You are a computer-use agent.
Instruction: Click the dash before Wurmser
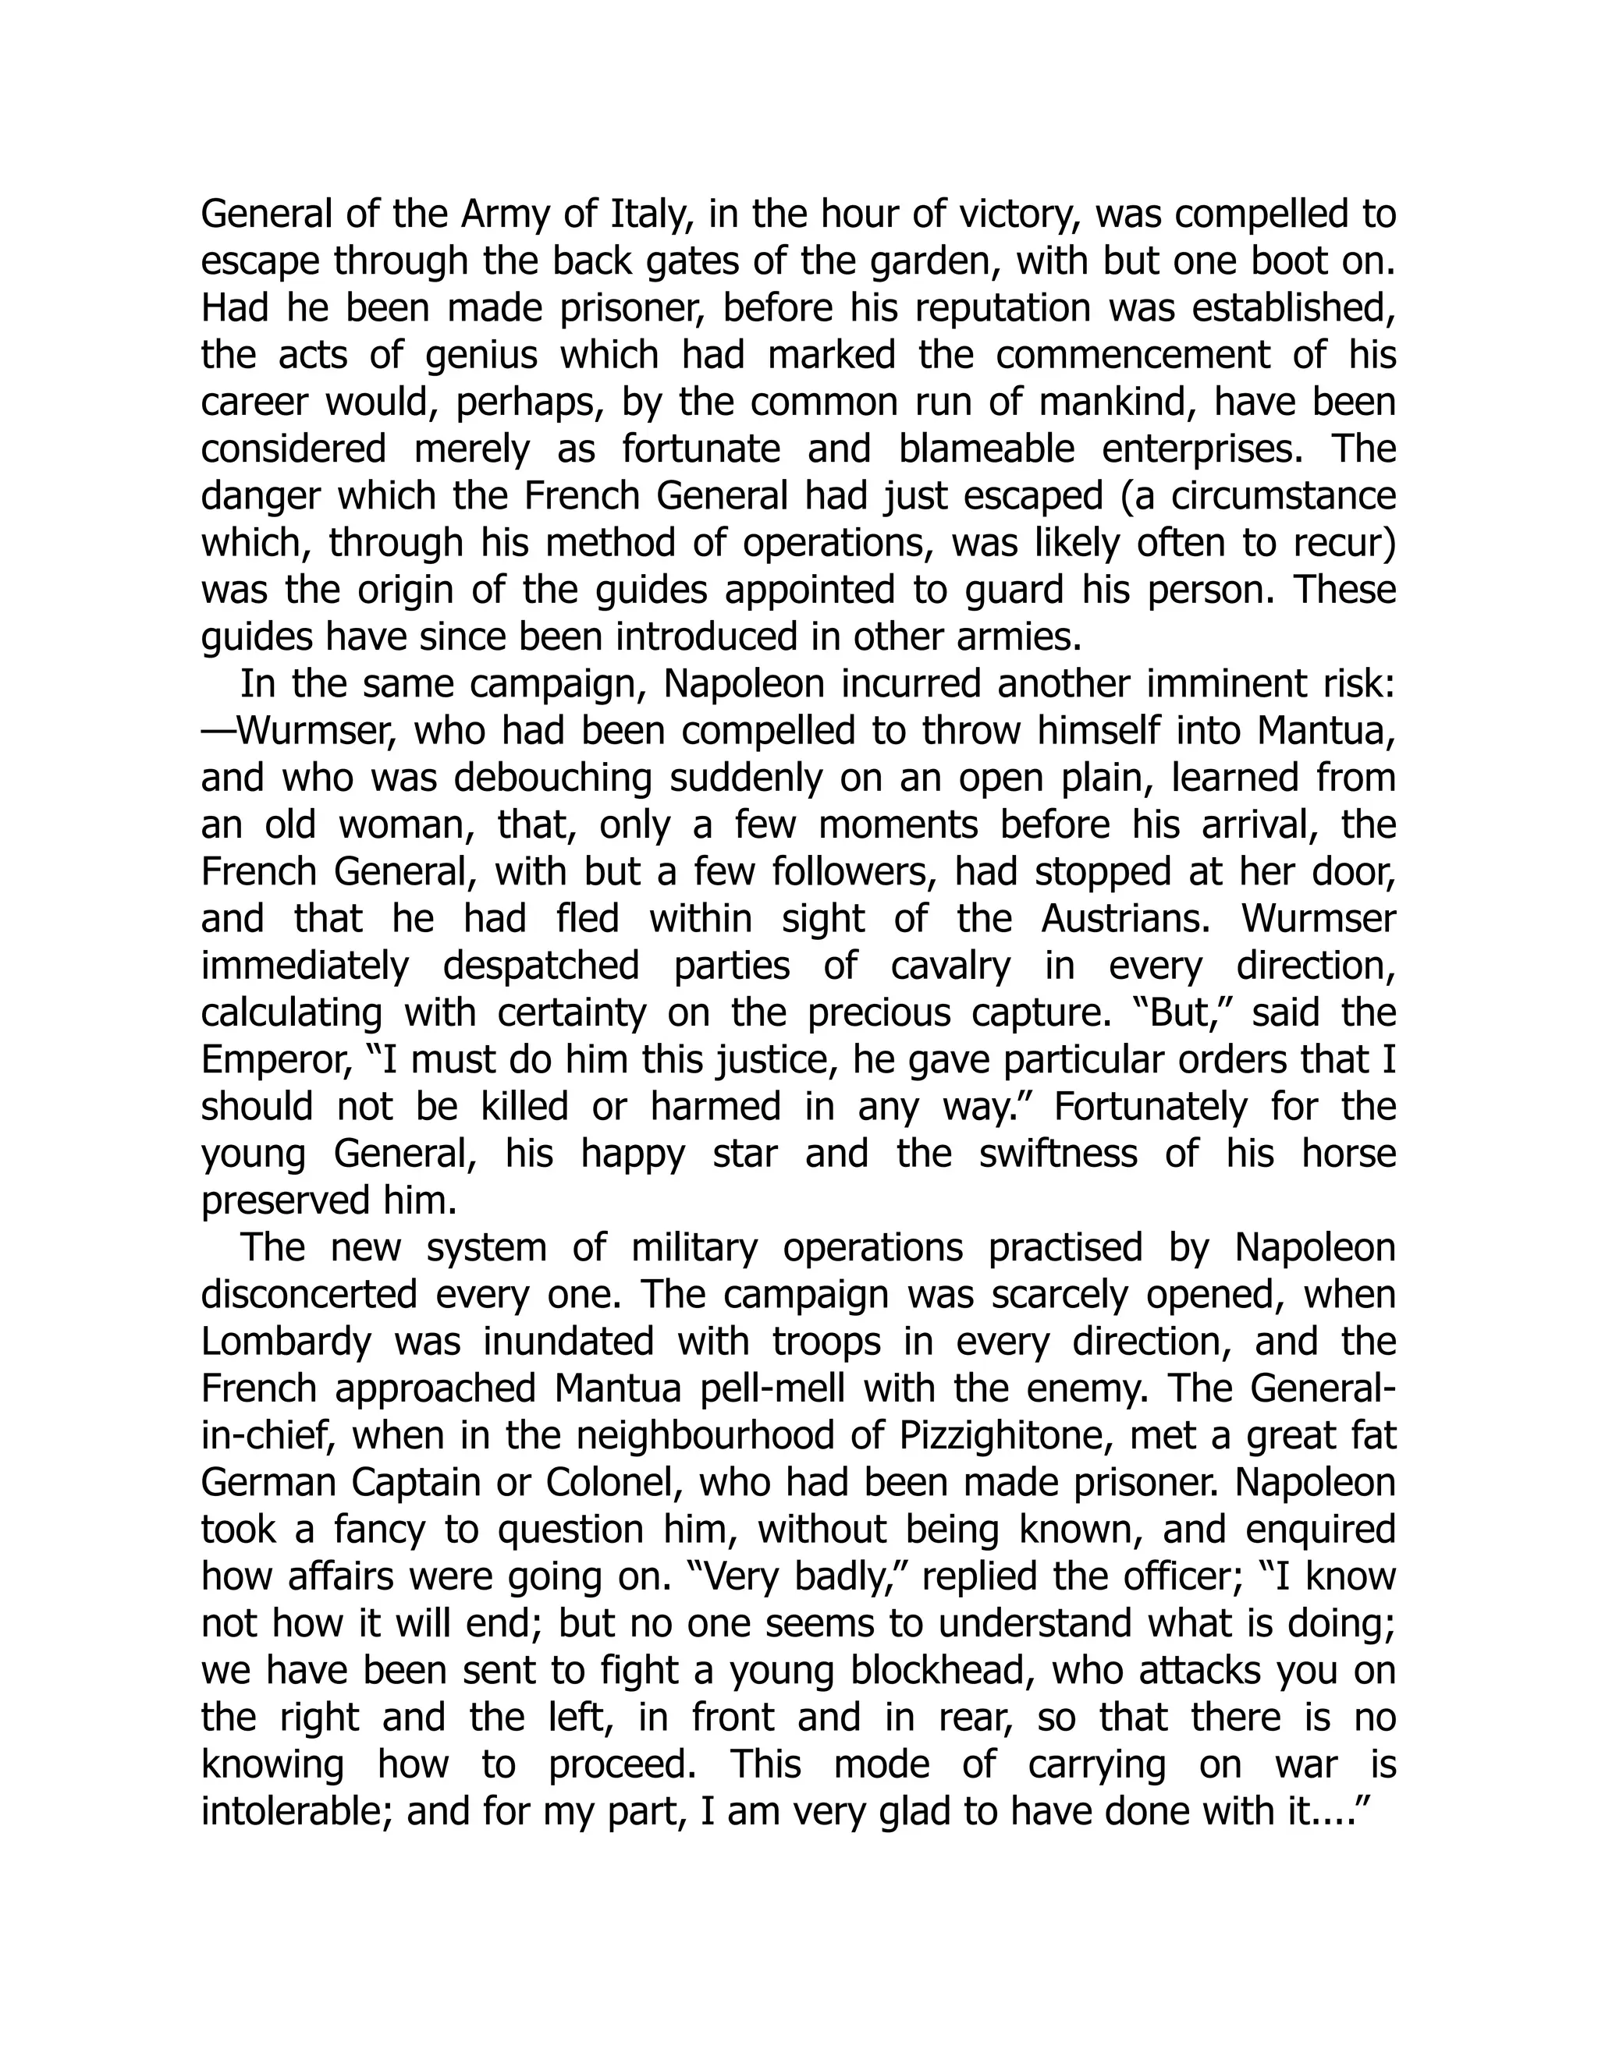218,732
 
